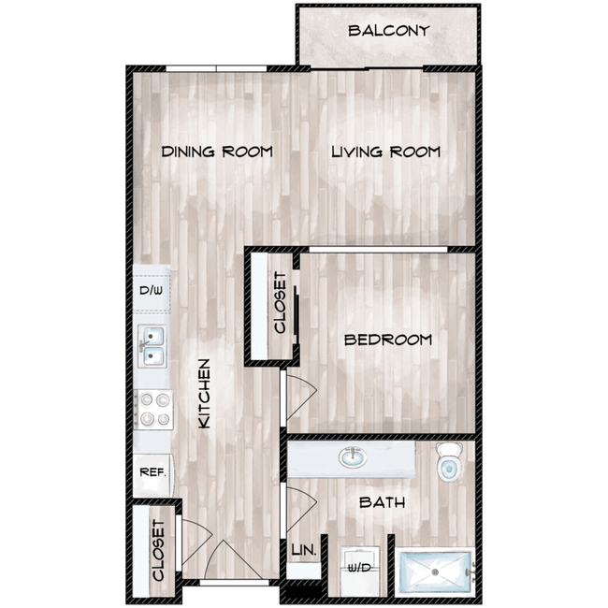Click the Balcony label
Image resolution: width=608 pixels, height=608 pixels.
pos(388,31)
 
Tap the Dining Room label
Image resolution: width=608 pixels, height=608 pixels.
pos(216,152)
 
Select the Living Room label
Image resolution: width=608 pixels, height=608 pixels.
pos(385,152)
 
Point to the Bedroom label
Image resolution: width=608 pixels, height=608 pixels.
pos(388,340)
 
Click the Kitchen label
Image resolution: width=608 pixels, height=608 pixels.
pos(205,394)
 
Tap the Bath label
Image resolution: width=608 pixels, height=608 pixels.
pos(383,503)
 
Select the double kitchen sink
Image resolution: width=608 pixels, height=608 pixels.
pos(152,347)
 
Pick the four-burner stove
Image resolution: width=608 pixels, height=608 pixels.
pos(152,410)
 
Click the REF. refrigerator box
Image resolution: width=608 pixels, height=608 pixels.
pos(152,472)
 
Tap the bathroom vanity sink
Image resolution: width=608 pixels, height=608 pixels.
pos(353,458)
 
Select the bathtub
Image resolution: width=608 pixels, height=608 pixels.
pos(436,571)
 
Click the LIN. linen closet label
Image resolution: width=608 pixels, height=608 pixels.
pos(304,552)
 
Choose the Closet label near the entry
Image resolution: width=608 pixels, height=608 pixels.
pos(158,550)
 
